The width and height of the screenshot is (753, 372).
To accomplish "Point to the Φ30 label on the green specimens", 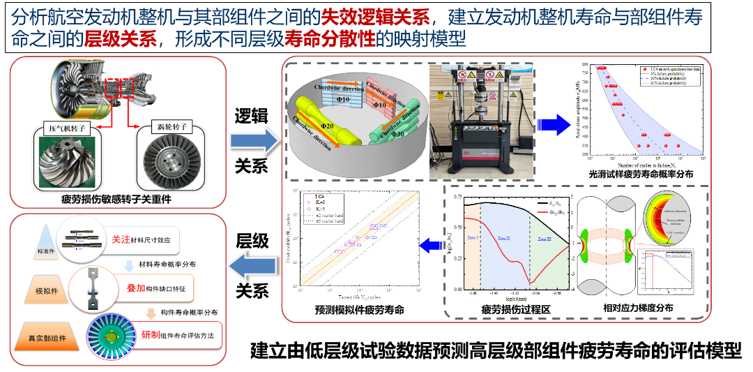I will pyautogui.click(x=397, y=133).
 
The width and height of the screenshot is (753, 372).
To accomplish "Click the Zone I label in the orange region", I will pyautogui.click(x=472, y=238).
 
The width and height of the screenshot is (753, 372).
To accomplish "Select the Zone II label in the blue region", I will pyautogui.click(x=503, y=239).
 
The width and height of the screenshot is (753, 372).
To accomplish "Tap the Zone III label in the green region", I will pyautogui.click(x=545, y=239).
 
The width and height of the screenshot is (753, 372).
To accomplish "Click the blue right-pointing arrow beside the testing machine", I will pyautogui.click(x=554, y=124).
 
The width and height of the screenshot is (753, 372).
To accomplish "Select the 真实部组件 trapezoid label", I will pyautogui.click(x=43, y=338).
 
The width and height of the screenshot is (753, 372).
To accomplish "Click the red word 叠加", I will pyautogui.click(x=135, y=288).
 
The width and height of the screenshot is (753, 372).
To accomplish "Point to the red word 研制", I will pyautogui.click(x=151, y=334).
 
